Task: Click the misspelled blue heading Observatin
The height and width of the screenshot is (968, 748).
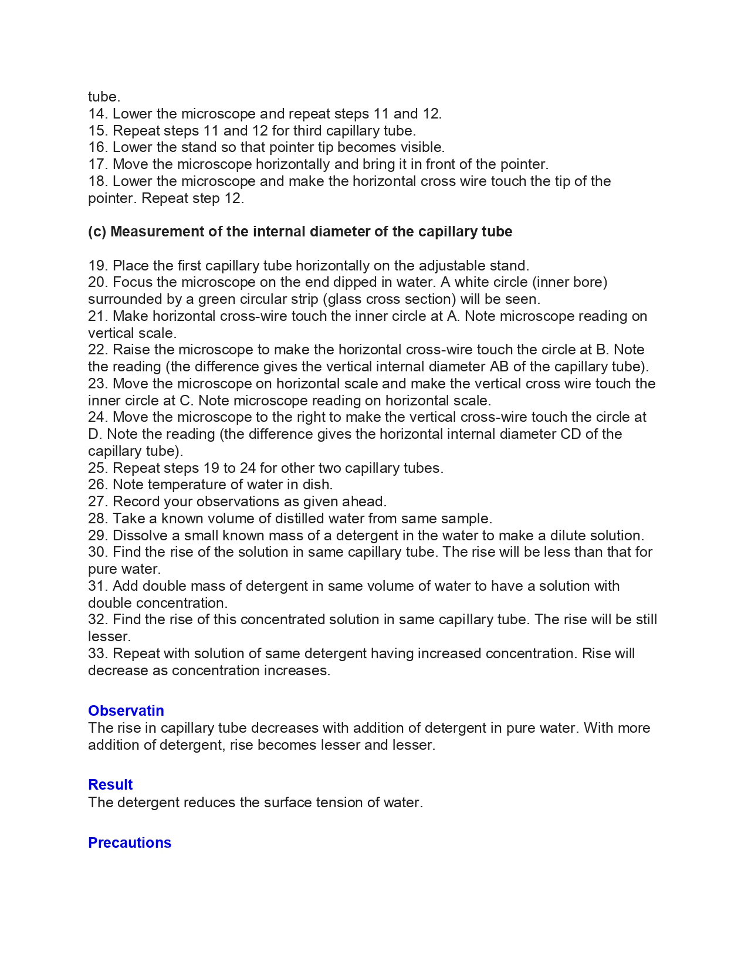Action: [126, 710]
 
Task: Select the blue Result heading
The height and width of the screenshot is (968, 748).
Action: [110, 784]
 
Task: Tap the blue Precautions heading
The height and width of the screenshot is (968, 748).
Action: [130, 842]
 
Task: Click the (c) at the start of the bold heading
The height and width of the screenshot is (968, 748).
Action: [97, 232]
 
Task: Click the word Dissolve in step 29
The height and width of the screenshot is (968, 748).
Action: [140, 536]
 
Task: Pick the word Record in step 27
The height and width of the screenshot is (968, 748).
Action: [134, 502]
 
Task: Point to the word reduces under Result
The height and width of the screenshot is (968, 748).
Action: [209, 803]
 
